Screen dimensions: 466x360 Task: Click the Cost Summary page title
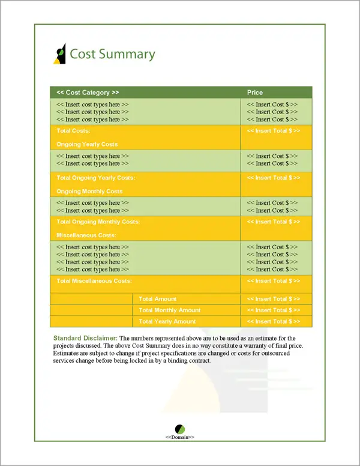pyautogui.click(x=112, y=54)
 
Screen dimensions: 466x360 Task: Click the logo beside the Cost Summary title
pyautogui.click(x=59, y=54)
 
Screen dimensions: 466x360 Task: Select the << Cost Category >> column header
pyautogui.click(x=88, y=92)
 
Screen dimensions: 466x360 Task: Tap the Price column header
pyautogui.click(x=255, y=92)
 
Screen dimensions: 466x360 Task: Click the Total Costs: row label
pyautogui.click(x=73, y=130)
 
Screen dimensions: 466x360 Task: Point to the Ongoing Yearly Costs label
pyautogui.click(x=87, y=145)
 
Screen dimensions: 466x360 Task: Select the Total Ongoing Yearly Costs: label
pyautogui.click(x=95, y=178)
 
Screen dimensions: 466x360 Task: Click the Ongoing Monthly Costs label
pyautogui.click(x=89, y=192)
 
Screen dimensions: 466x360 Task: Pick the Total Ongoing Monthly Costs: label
pyautogui.click(x=98, y=222)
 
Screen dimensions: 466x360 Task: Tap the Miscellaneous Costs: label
pyautogui.click(x=86, y=235)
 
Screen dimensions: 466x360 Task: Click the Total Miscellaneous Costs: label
pyautogui.click(x=94, y=280)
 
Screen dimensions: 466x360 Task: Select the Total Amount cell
pyautogui.click(x=158, y=299)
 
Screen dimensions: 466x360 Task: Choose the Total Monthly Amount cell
pyautogui.click(x=170, y=310)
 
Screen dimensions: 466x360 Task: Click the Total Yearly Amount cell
pyautogui.click(x=167, y=322)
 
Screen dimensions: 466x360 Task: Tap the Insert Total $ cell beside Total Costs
pyautogui.click(x=274, y=130)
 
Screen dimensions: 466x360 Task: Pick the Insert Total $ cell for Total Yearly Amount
pyautogui.click(x=274, y=322)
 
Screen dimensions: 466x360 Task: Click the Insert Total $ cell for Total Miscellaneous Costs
pyautogui.click(x=274, y=280)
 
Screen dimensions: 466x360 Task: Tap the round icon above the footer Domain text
pyautogui.click(x=180, y=429)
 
